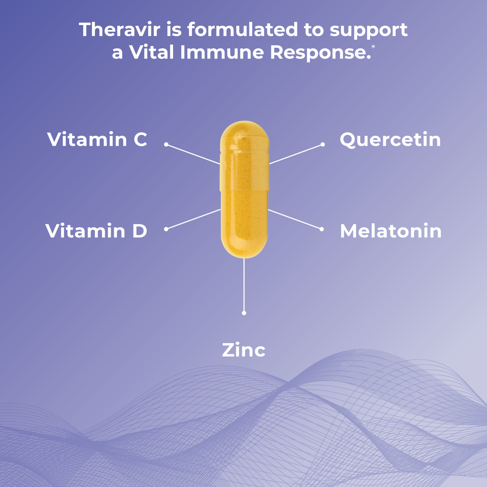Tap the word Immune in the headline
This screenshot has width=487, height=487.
[x=222, y=52]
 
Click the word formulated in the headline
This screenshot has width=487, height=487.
[x=243, y=30]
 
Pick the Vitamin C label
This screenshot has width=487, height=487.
[x=97, y=139]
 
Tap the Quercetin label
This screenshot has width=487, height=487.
[x=390, y=140]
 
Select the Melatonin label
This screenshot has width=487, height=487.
[x=391, y=231]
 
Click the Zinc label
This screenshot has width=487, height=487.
[x=244, y=350]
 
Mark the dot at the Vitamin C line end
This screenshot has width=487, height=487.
[x=166, y=144]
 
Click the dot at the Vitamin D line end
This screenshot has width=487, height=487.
[x=166, y=229]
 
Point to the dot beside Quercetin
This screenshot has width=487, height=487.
[x=323, y=144]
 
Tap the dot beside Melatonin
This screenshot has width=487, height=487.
[x=322, y=229]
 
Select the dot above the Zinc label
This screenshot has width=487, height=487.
[x=244, y=313]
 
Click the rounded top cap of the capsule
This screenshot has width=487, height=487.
[x=244, y=134]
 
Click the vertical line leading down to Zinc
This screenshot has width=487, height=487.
[x=244, y=285]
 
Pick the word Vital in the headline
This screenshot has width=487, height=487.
[x=151, y=52]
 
